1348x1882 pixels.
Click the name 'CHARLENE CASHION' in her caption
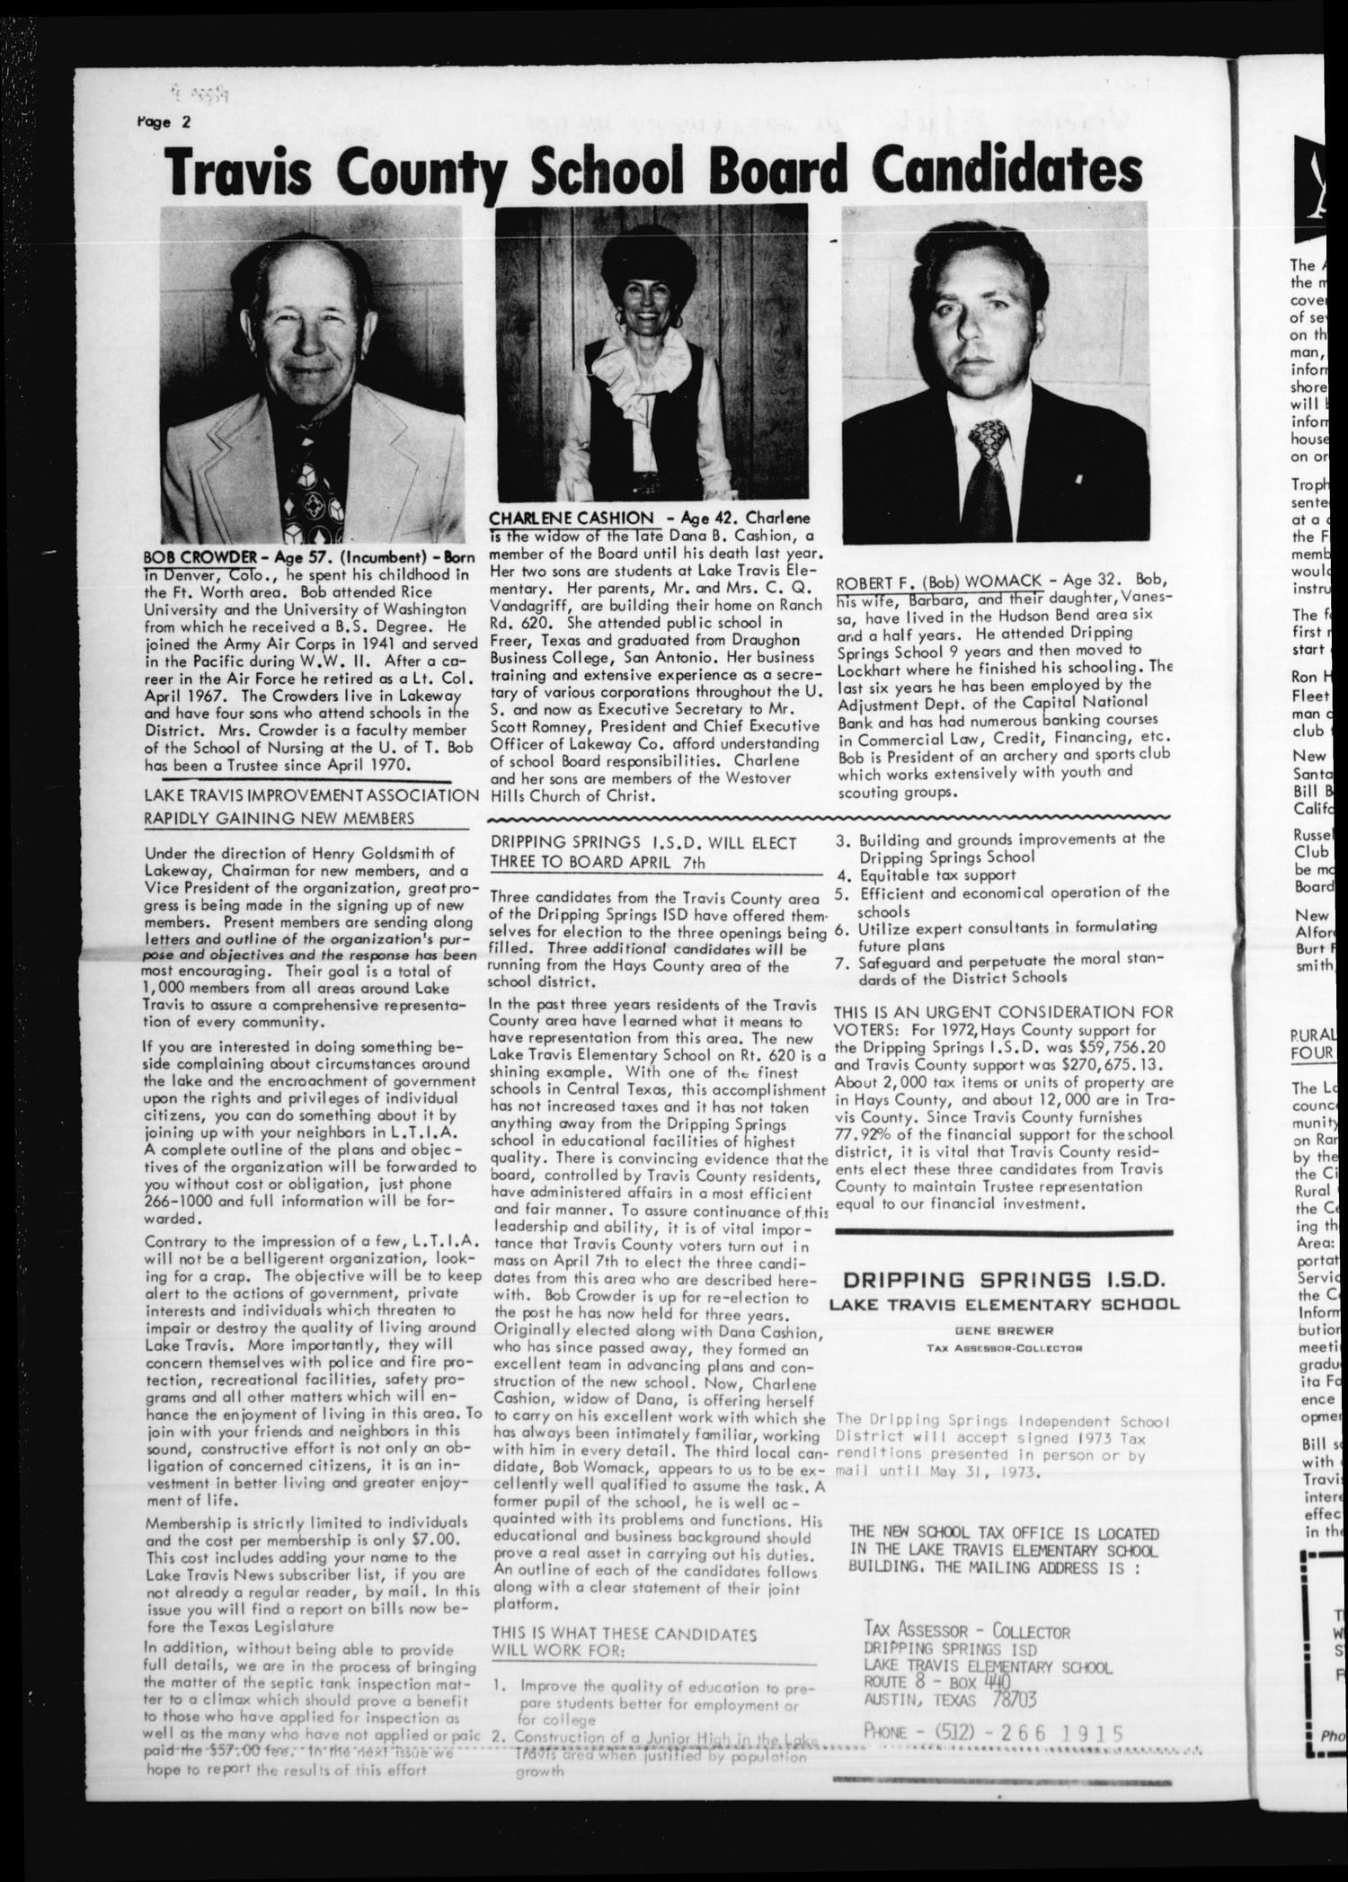[571, 518]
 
